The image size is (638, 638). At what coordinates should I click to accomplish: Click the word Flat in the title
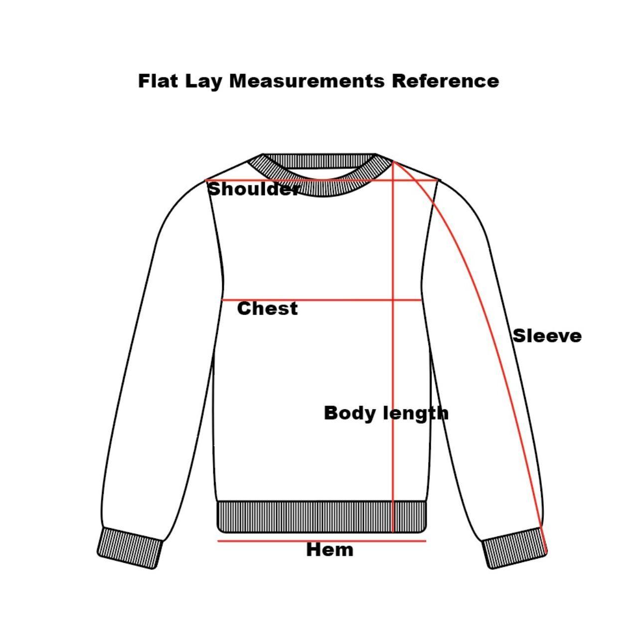pos(159,81)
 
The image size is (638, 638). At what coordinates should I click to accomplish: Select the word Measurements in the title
pos(307,81)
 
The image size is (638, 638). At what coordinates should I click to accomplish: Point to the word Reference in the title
pos(445,81)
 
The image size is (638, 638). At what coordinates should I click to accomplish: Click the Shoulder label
pos(253,189)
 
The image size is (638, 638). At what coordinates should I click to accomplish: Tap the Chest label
pos(268,309)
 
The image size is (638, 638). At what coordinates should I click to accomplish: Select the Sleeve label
pos(547,336)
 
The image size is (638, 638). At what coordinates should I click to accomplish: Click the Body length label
pos(386,414)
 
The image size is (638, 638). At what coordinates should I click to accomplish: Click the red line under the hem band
pos(321,541)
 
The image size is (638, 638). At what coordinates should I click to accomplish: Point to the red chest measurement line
pos(321,300)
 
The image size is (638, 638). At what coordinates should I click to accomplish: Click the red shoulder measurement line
pos(320,180)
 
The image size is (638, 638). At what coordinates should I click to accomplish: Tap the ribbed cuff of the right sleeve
pos(514,547)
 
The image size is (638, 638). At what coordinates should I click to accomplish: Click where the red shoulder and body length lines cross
pos(393,180)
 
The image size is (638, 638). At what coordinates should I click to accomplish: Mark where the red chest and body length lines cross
pos(393,300)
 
